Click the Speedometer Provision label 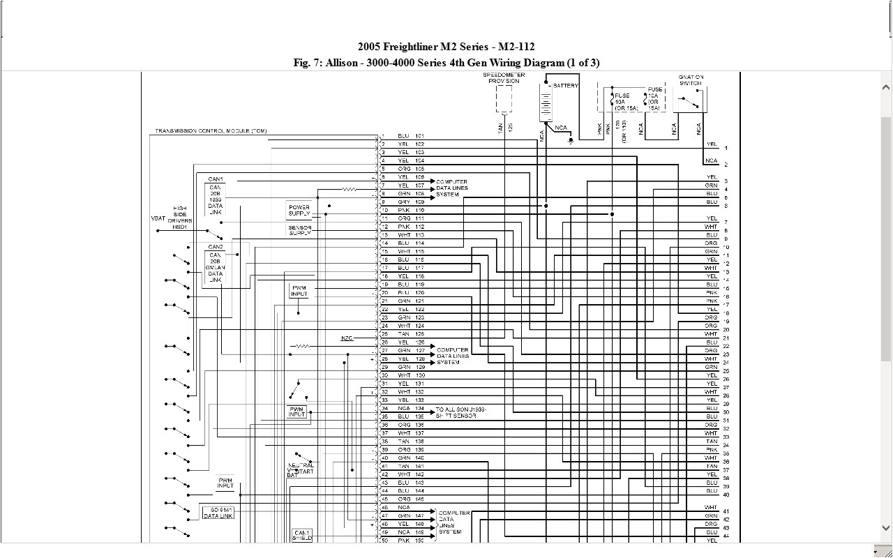point(503,77)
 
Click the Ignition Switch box point(691,100)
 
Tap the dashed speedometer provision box point(504,98)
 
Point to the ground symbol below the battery point(571,140)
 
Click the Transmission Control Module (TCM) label point(211,131)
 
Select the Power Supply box point(299,211)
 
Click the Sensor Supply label point(300,230)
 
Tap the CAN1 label point(216,179)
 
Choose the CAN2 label point(216,247)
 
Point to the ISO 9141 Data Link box point(218,513)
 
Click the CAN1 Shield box point(302,536)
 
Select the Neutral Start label point(301,470)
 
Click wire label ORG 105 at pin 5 point(411,169)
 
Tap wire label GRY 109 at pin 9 point(411,202)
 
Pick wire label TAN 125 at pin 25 point(411,334)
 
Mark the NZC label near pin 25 point(347,338)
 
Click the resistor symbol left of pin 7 point(349,189)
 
